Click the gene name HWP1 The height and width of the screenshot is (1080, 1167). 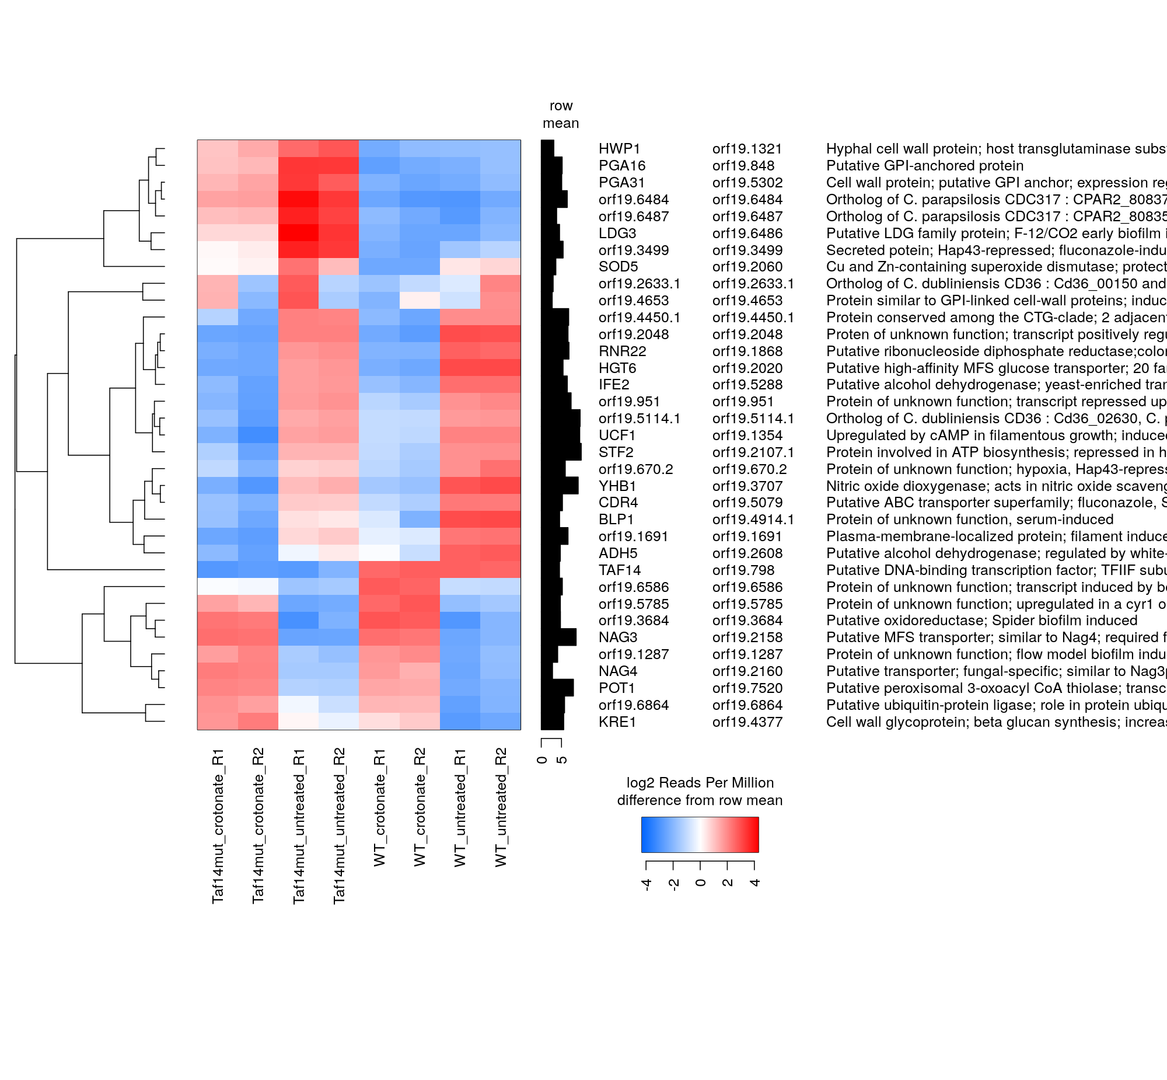(619, 149)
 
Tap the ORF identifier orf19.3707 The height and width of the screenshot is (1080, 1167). (747, 486)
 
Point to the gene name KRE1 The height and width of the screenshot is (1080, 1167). (617, 722)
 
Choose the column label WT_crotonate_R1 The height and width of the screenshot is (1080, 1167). (380, 807)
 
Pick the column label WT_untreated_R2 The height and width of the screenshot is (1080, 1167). (501, 807)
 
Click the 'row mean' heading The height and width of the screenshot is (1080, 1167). (561, 114)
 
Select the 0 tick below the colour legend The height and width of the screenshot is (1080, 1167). (701, 883)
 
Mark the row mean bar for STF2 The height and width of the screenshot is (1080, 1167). (561, 452)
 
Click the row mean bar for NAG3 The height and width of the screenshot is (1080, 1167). (558, 637)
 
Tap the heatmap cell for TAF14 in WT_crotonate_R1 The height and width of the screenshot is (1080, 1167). (379, 570)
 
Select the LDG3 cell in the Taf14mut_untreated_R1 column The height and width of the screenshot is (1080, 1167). (299, 233)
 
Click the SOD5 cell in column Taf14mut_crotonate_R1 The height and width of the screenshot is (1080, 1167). (218, 266)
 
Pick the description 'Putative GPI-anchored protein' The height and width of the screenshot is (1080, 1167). (925, 166)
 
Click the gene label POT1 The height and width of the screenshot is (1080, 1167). (617, 688)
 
